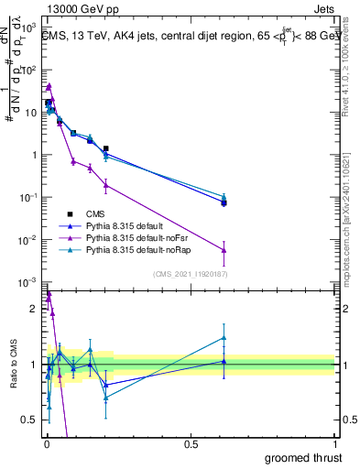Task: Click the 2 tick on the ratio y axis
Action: coord(35,309)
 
